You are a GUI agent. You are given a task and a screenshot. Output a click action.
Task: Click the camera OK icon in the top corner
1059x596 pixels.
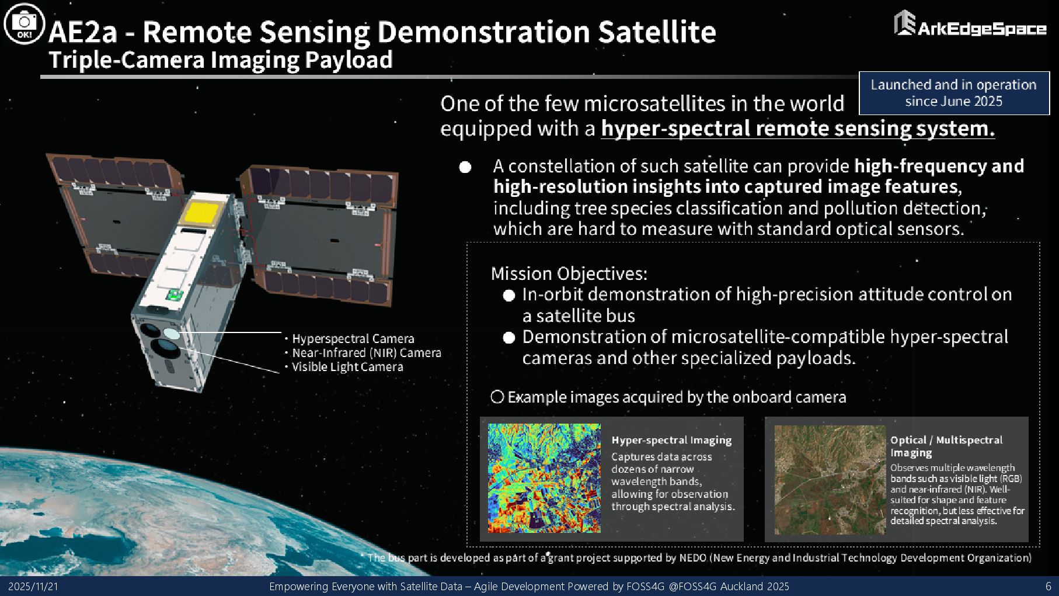(24, 24)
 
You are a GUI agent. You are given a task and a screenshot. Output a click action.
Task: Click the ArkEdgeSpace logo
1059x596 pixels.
(970, 25)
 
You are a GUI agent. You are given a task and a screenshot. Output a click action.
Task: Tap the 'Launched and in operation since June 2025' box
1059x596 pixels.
(954, 93)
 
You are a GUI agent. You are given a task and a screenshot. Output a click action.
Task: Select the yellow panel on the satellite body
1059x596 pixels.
(201, 213)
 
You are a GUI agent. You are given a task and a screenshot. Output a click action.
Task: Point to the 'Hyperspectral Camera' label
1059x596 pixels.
(353, 339)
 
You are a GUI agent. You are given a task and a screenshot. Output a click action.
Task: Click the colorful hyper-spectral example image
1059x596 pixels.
(544, 478)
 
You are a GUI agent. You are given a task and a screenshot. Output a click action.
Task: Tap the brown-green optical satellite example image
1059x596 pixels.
(830, 480)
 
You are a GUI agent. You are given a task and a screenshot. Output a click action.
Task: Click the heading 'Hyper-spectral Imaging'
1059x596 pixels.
(671, 440)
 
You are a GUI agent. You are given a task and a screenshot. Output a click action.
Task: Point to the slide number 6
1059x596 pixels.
(1048, 586)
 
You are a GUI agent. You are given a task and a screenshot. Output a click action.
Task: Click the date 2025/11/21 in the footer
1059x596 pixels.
(33, 586)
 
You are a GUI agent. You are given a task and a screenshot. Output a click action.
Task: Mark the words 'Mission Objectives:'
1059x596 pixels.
(569, 273)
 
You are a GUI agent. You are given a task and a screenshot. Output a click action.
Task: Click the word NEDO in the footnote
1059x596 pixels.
(693, 557)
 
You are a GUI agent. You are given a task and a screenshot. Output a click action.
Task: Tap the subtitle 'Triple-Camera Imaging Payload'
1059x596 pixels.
(221, 60)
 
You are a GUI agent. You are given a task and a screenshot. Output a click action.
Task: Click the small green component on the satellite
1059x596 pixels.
(175, 294)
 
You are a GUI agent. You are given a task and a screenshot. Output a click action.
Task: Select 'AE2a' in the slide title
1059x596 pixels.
(83, 32)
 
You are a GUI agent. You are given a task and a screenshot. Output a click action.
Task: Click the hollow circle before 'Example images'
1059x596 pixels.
(497, 397)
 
